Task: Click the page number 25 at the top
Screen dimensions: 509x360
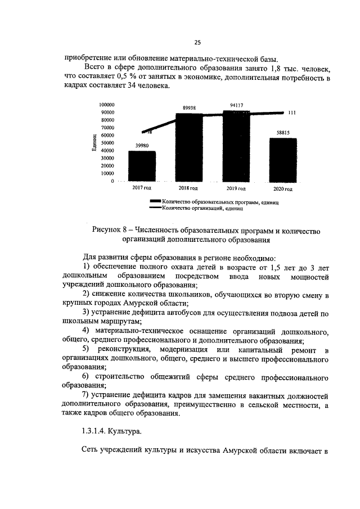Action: pyautogui.click(x=197, y=42)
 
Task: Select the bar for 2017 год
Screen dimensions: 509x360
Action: pyautogui.click(x=142, y=166)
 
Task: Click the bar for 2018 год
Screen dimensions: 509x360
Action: pyautogui.click(x=190, y=148)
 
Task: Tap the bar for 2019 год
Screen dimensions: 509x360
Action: pyautogui.click(x=236, y=146)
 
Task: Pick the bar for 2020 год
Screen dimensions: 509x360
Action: pyautogui.click(x=282, y=160)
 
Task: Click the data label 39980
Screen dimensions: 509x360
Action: pyautogui.click(x=142, y=146)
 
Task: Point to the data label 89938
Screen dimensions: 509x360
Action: pyautogui.click(x=190, y=107)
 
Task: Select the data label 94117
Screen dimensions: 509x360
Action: pyautogui.click(x=236, y=105)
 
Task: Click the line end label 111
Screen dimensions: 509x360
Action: pyautogui.click(x=291, y=112)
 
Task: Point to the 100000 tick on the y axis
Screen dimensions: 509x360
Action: pyautogui.click(x=106, y=105)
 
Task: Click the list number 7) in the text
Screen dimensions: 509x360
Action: pyautogui.click(x=87, y=394)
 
